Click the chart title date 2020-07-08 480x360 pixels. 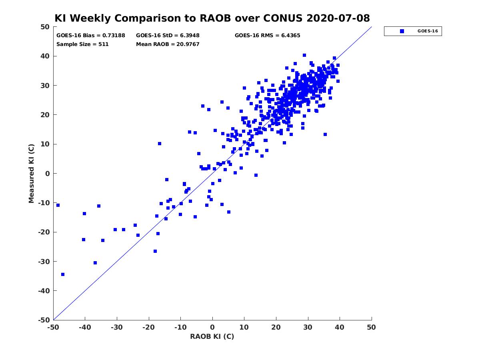[x=338, y=18]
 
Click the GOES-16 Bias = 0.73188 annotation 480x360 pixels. [x=91, y=36]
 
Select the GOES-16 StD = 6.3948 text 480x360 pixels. [x=168, y=36]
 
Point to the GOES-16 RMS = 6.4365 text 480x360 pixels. [x=268, y=36]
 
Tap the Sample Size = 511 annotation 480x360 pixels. [x=82, y=44]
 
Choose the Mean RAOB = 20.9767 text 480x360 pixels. [x=168, y=44]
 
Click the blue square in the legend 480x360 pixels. [x=402, y=31]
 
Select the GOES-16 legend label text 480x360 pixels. [x=428, y=31]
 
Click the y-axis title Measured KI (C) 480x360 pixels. [x=31, y=174]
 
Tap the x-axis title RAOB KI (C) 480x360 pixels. [x=212, y=336]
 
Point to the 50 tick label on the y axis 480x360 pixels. [x=45, y=27]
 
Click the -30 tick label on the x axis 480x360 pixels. [x=117, y=327]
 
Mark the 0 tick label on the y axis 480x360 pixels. [x=48, y=174]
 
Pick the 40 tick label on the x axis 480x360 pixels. [x=340, y=327]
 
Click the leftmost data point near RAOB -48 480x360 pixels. [x=58, y=205]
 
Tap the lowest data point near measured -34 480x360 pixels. [x=63, y=274]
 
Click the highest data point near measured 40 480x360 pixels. [x=304, y=55]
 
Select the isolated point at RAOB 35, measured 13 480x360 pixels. [x=325, y=134]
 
